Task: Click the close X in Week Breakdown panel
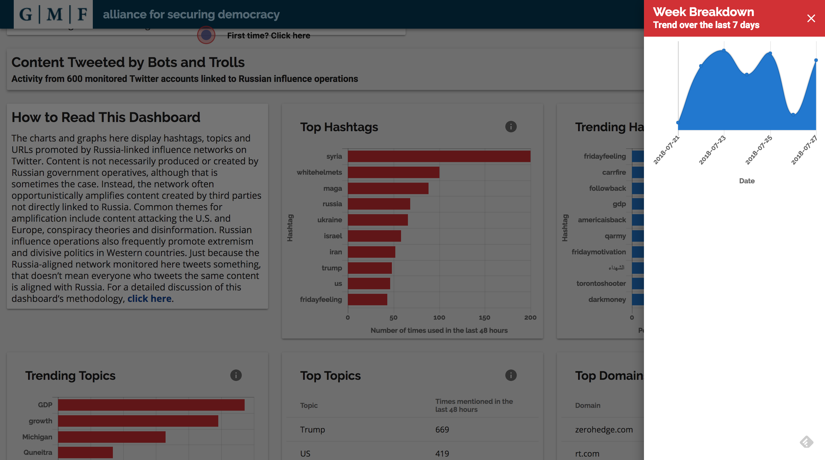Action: [811, 18]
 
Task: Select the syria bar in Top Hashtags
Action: [439, 156]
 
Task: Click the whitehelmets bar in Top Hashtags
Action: [393, 172]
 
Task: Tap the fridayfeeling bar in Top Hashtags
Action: [367, 300]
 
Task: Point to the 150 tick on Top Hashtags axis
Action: [484, 317]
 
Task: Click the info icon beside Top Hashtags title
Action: [511, 127]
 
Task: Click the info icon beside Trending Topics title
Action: [236, 375]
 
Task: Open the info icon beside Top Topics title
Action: [511, 375]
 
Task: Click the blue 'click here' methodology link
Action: [149, 298]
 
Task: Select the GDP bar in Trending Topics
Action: [151, 405]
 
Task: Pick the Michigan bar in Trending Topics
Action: [112, 437]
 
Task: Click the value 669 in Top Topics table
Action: [442, 430]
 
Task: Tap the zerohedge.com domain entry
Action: [604, 430]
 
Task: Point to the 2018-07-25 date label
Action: [759, 150]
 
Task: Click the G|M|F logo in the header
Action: [53, 14]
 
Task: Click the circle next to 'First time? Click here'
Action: [206, 35]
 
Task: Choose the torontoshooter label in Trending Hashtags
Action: [601, 284]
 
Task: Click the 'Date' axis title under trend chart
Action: [747, 181]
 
